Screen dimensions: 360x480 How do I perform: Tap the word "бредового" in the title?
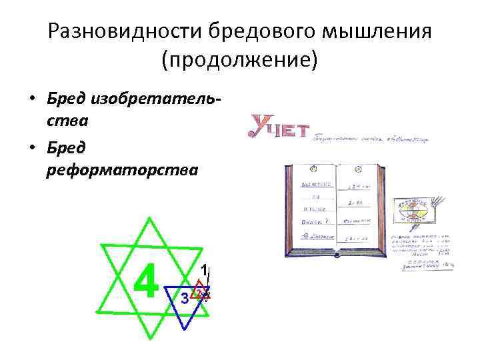click(x=247, y=31)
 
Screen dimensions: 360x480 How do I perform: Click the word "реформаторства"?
click(x=123, y=170)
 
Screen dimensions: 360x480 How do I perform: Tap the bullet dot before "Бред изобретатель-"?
click(x=32, y=101)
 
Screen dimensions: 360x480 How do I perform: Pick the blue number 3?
click(x=185, y=298)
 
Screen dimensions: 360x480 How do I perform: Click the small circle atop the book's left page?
click(x=309, y=168)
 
